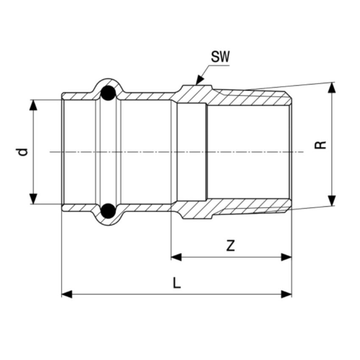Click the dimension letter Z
pos(230,246)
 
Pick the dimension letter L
pos(177,283)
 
